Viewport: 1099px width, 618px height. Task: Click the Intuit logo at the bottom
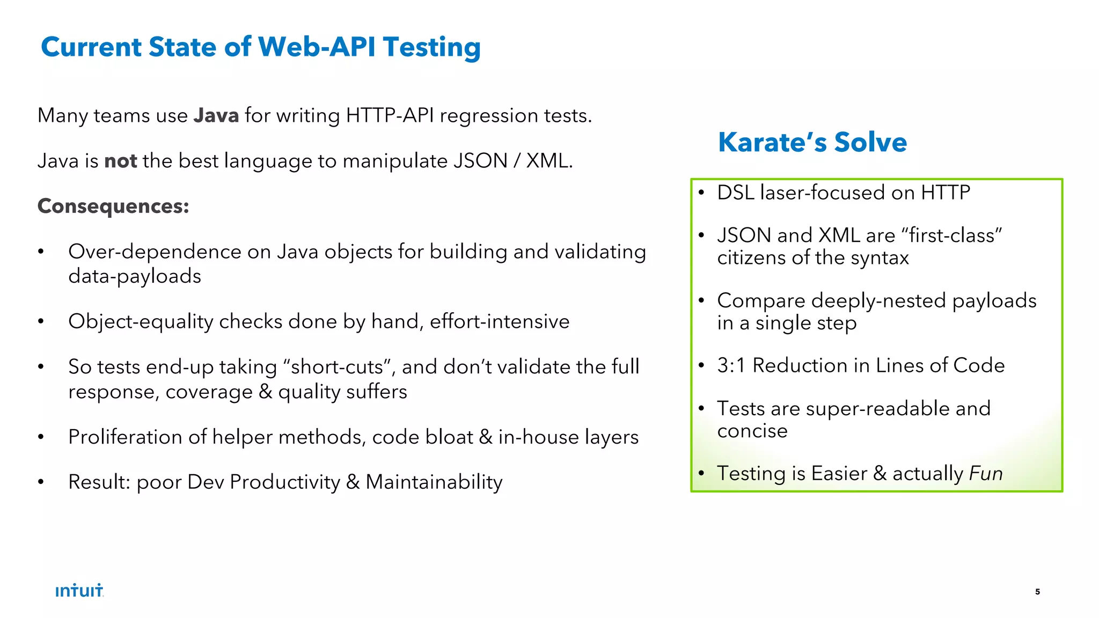tap(79, 591)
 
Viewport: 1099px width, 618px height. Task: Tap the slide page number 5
tap(1037, 592)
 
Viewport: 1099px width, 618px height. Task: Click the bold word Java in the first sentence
tap(216, 115)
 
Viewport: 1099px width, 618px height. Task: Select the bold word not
tap(120, 161)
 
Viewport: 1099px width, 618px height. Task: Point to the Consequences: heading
tap(113, 206)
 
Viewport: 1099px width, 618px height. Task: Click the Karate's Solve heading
tap(812, 142)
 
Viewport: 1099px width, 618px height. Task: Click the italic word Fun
tap(986, 474)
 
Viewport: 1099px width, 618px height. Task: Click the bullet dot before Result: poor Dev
tap(41, 482)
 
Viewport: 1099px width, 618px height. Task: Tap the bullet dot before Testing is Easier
tap(701, 474)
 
